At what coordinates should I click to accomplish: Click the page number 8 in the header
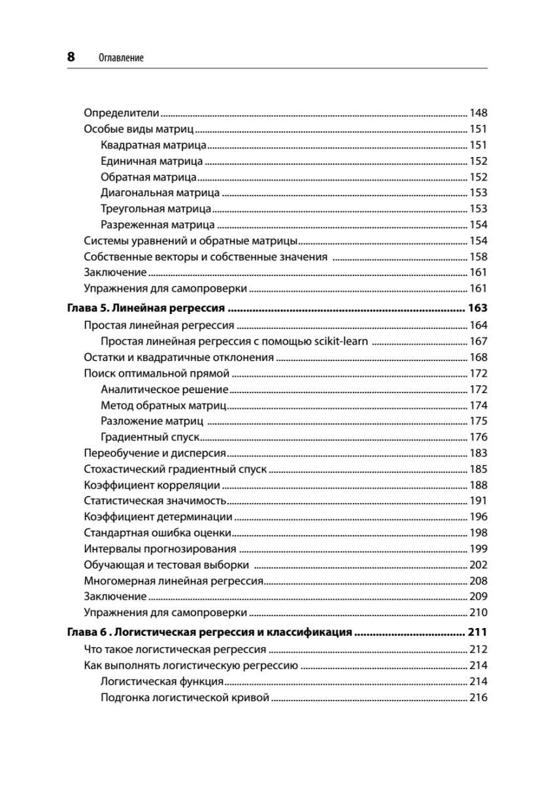click(x=71, y=57)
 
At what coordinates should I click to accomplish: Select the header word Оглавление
click(x=121, y=58)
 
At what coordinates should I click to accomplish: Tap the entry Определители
click(x=122, y=113)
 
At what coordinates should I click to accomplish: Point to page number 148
click(x=479, y=113)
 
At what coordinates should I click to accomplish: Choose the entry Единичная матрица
click(x=152, y=161)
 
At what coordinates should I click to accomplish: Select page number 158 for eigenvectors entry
click(x=479, y=257)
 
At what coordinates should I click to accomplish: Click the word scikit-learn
click(x=340, y=341)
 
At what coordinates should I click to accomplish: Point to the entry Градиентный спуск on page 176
click(x=150, y=437)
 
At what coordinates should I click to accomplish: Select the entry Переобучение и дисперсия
click(x=155, y=453)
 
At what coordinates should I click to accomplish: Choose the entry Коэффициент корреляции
click(x=152, y=485)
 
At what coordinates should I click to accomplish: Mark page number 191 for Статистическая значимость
click(x=479, y=501)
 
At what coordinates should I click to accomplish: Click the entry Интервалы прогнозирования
click(x=160, y=549)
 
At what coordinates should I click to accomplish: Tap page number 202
click(x=479, y=565)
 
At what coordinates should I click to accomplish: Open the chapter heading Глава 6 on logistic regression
click(x=210, y=633)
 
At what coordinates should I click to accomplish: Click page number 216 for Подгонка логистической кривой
click(x=479, y=697)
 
